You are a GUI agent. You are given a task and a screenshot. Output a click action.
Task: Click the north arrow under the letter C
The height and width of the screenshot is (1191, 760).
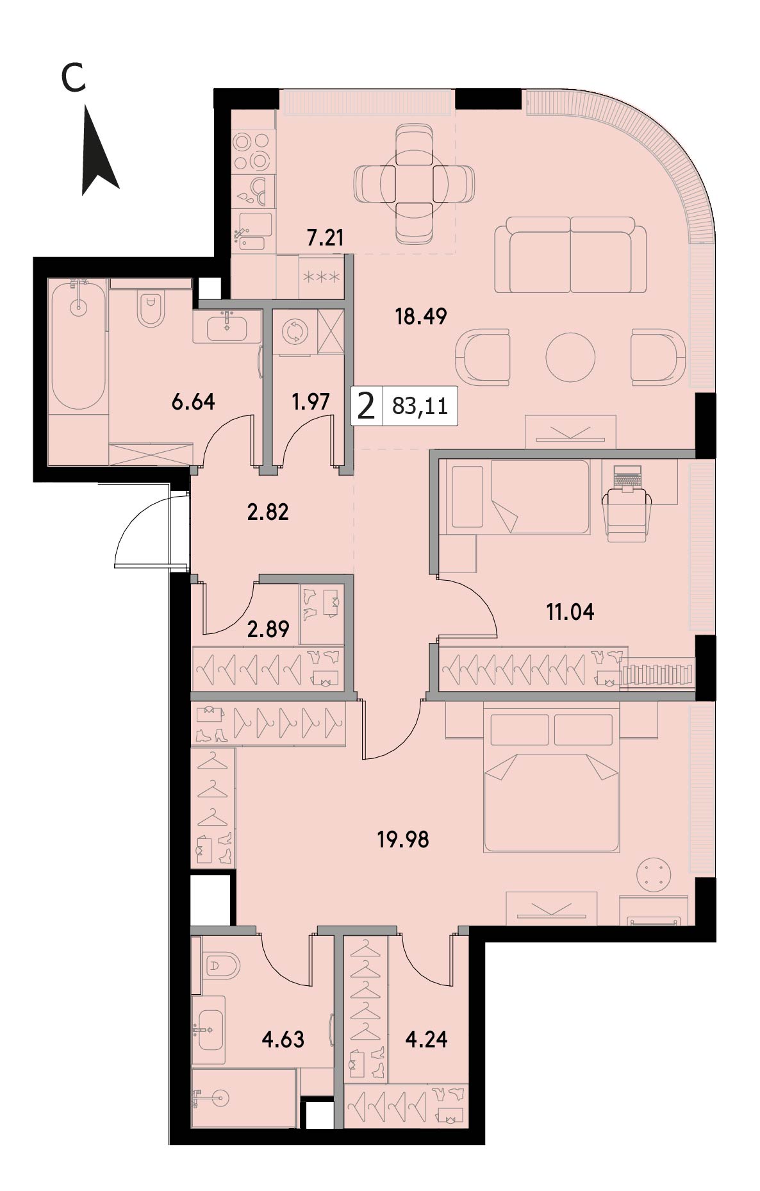99,154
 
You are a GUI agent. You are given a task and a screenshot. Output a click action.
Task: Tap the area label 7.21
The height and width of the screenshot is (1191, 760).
326,239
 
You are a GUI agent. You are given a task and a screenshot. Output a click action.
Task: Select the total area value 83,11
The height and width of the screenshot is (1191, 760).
420,406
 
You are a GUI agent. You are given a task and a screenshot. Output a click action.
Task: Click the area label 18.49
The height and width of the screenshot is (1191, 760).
420,317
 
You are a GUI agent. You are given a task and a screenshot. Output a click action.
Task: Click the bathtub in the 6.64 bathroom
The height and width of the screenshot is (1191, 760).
78,346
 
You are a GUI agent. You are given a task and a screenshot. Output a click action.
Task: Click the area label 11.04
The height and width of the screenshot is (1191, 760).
570,613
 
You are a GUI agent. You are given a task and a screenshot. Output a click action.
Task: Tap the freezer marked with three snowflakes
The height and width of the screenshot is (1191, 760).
322,277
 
